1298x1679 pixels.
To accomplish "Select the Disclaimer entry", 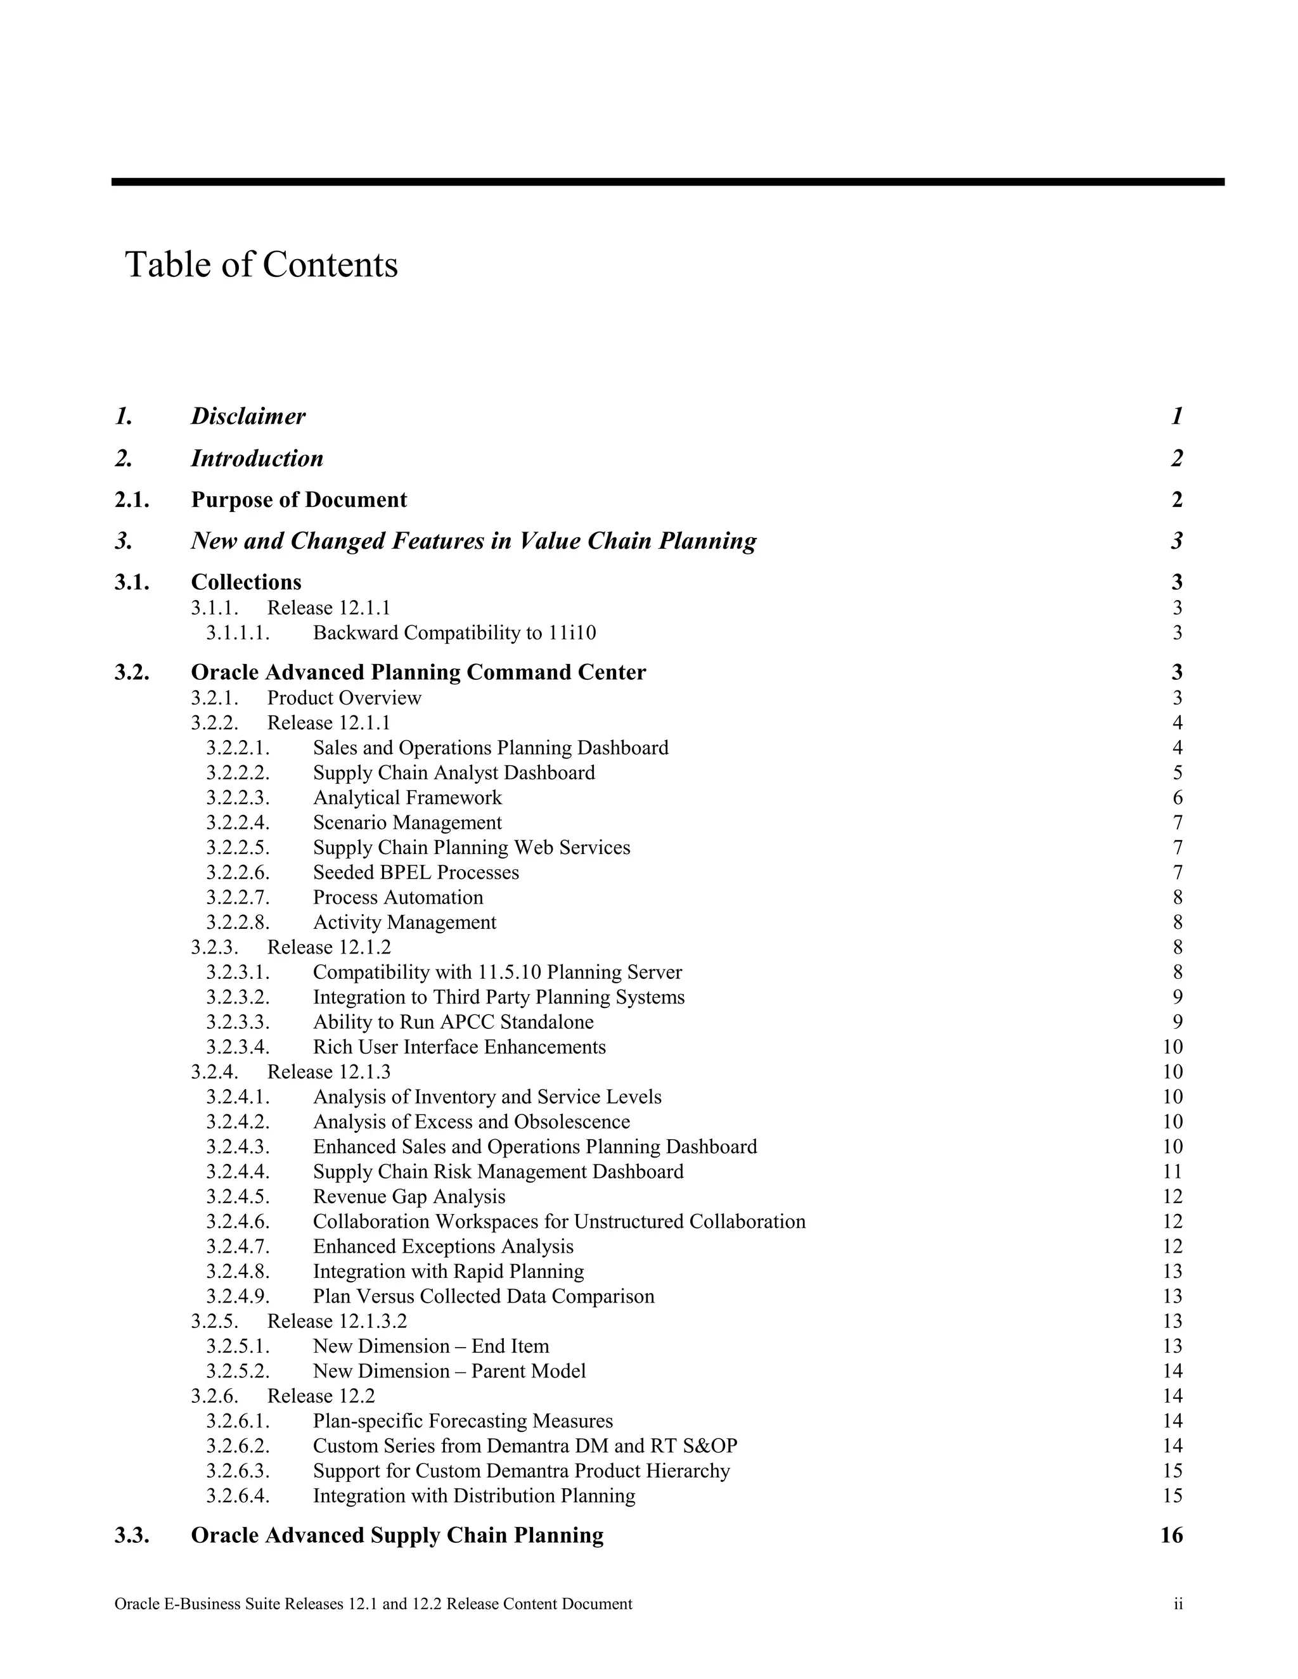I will click(248, 417).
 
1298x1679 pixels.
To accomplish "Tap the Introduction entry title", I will click(257, 459).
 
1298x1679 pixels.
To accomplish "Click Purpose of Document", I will click(299, 501).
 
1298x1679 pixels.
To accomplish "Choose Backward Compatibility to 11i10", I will click(454, 634).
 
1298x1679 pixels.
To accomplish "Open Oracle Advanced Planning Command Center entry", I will click(418, 673).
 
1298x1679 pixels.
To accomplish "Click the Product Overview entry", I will click(344, 698).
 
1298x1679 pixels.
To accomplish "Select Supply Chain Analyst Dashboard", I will click(454, 772).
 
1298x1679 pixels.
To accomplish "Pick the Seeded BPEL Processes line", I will click(415, 872).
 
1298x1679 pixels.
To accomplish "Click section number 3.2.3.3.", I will click(238, 1023).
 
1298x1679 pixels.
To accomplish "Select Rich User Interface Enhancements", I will click(459, 1047).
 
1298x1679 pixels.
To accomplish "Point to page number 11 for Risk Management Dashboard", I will click(1173, 1171).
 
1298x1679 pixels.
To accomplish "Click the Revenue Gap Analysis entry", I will click(409, 1197).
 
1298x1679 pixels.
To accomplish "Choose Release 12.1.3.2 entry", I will click(337, 1322).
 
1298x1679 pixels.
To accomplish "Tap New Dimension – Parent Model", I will click(449, 1372).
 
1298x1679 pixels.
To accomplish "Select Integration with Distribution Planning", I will click(473, 1496).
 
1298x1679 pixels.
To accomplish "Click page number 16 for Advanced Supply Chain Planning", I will click(1171, 1536).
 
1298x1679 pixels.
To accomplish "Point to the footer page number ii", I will click(1178, 1604).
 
